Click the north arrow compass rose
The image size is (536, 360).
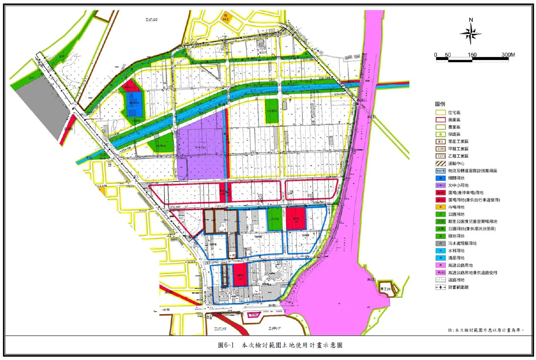[x=471, y=33]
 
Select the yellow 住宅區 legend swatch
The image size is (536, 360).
[x=441, y=113]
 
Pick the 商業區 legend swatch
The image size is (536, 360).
[x=441, y=120]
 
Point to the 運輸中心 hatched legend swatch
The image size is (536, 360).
[x=441, y=163]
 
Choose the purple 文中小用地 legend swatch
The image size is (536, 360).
[x=441, y=185]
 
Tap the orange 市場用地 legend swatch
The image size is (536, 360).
[x=441, y=207]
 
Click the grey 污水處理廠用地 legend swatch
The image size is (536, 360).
[x=441, y=243]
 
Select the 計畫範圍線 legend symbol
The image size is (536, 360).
[x=441, y=287]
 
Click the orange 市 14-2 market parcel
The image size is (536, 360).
[x=227, y=18]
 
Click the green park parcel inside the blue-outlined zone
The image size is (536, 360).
[x=274, y=219]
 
